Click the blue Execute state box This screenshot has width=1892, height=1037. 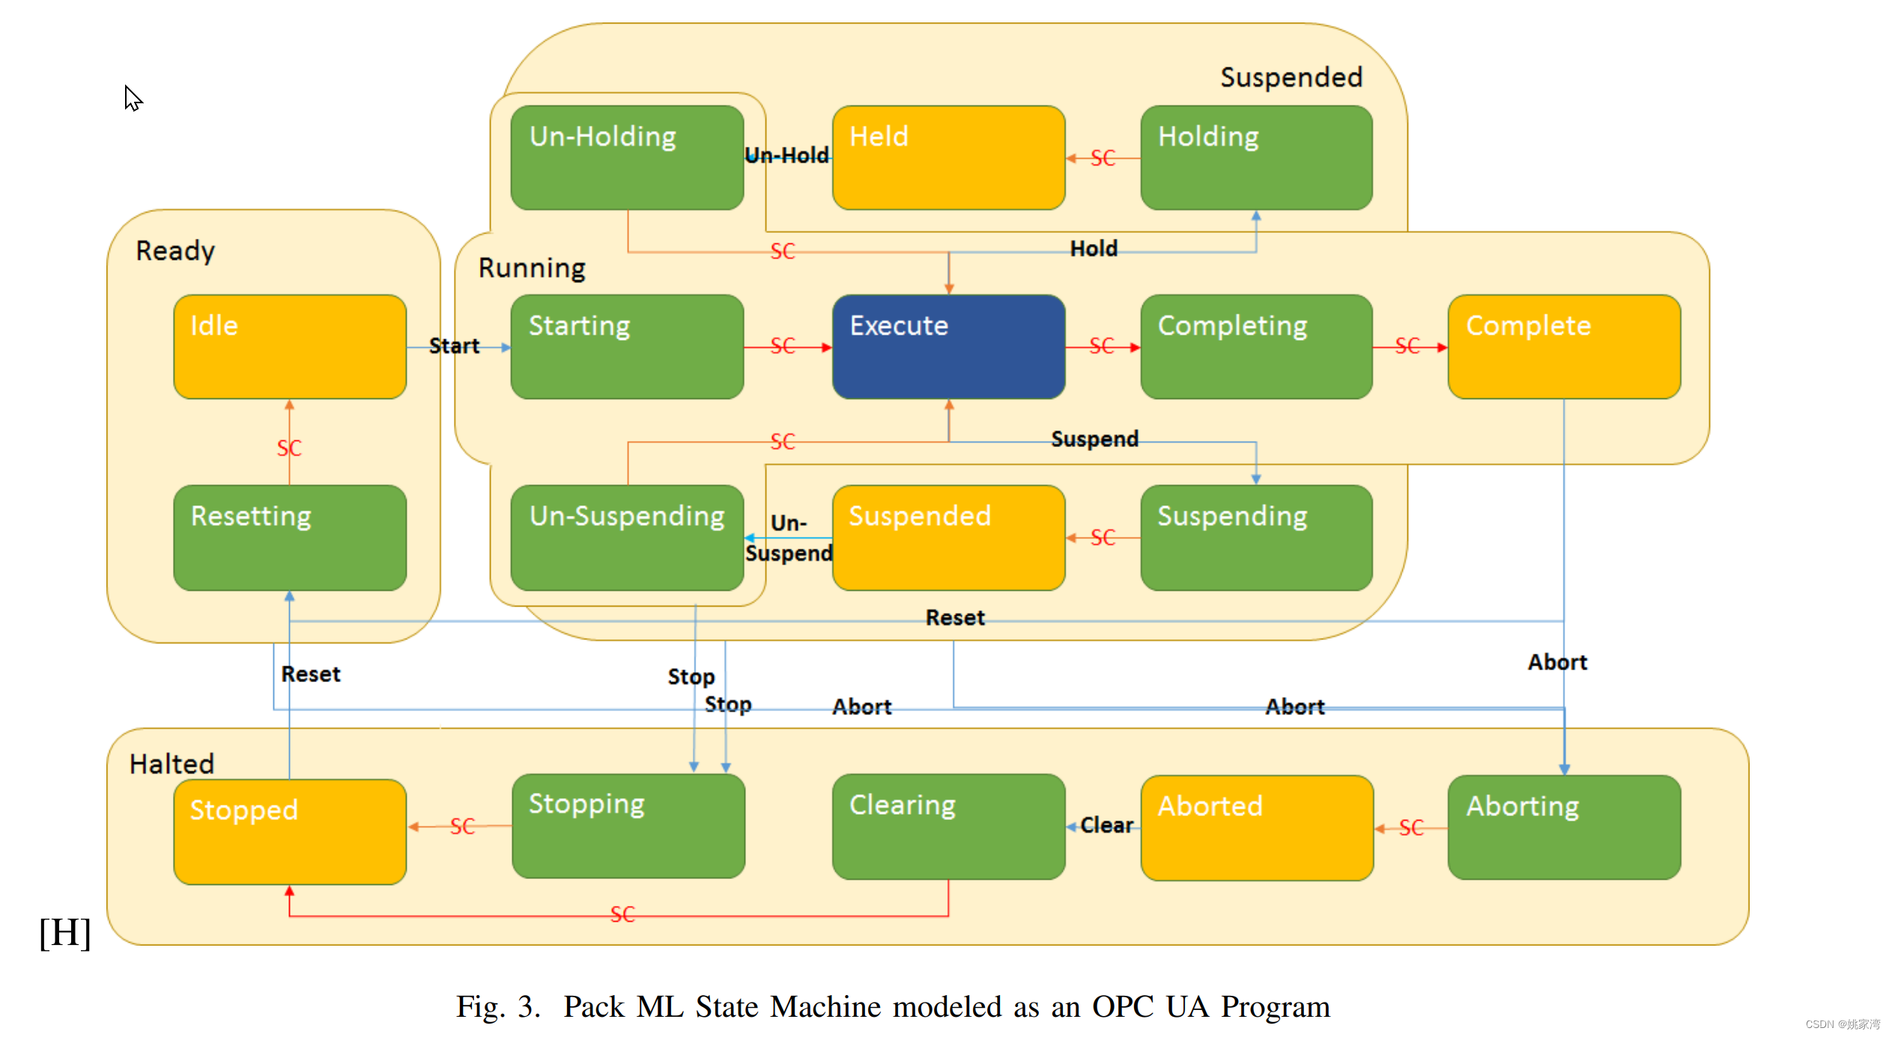point(948,346)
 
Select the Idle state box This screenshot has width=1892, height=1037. point(290,346)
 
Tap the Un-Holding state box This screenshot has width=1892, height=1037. point(627,157)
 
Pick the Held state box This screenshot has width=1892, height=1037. point(948,157)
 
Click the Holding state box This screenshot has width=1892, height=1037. point(1256,157)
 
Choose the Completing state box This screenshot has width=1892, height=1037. point(1256,346)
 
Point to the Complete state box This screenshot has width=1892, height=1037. point(1564,346)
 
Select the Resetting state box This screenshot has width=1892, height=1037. point(290,538)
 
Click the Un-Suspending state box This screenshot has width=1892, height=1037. point(627,538)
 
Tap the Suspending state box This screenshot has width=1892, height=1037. point(1256,538)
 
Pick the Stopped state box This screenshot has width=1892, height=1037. point(290,831)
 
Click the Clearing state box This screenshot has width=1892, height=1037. point(948,826)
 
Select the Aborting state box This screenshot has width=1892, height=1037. point(1564,827)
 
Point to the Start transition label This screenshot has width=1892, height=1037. point(454,346)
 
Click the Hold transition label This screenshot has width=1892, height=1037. point(1094,249)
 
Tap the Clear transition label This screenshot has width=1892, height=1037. point(1106,825)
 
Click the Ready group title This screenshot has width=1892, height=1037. point(175,251)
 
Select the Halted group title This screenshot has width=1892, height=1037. point(172,764)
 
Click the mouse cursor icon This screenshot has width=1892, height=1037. point(133,98)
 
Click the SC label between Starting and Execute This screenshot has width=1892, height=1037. point(783,346)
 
